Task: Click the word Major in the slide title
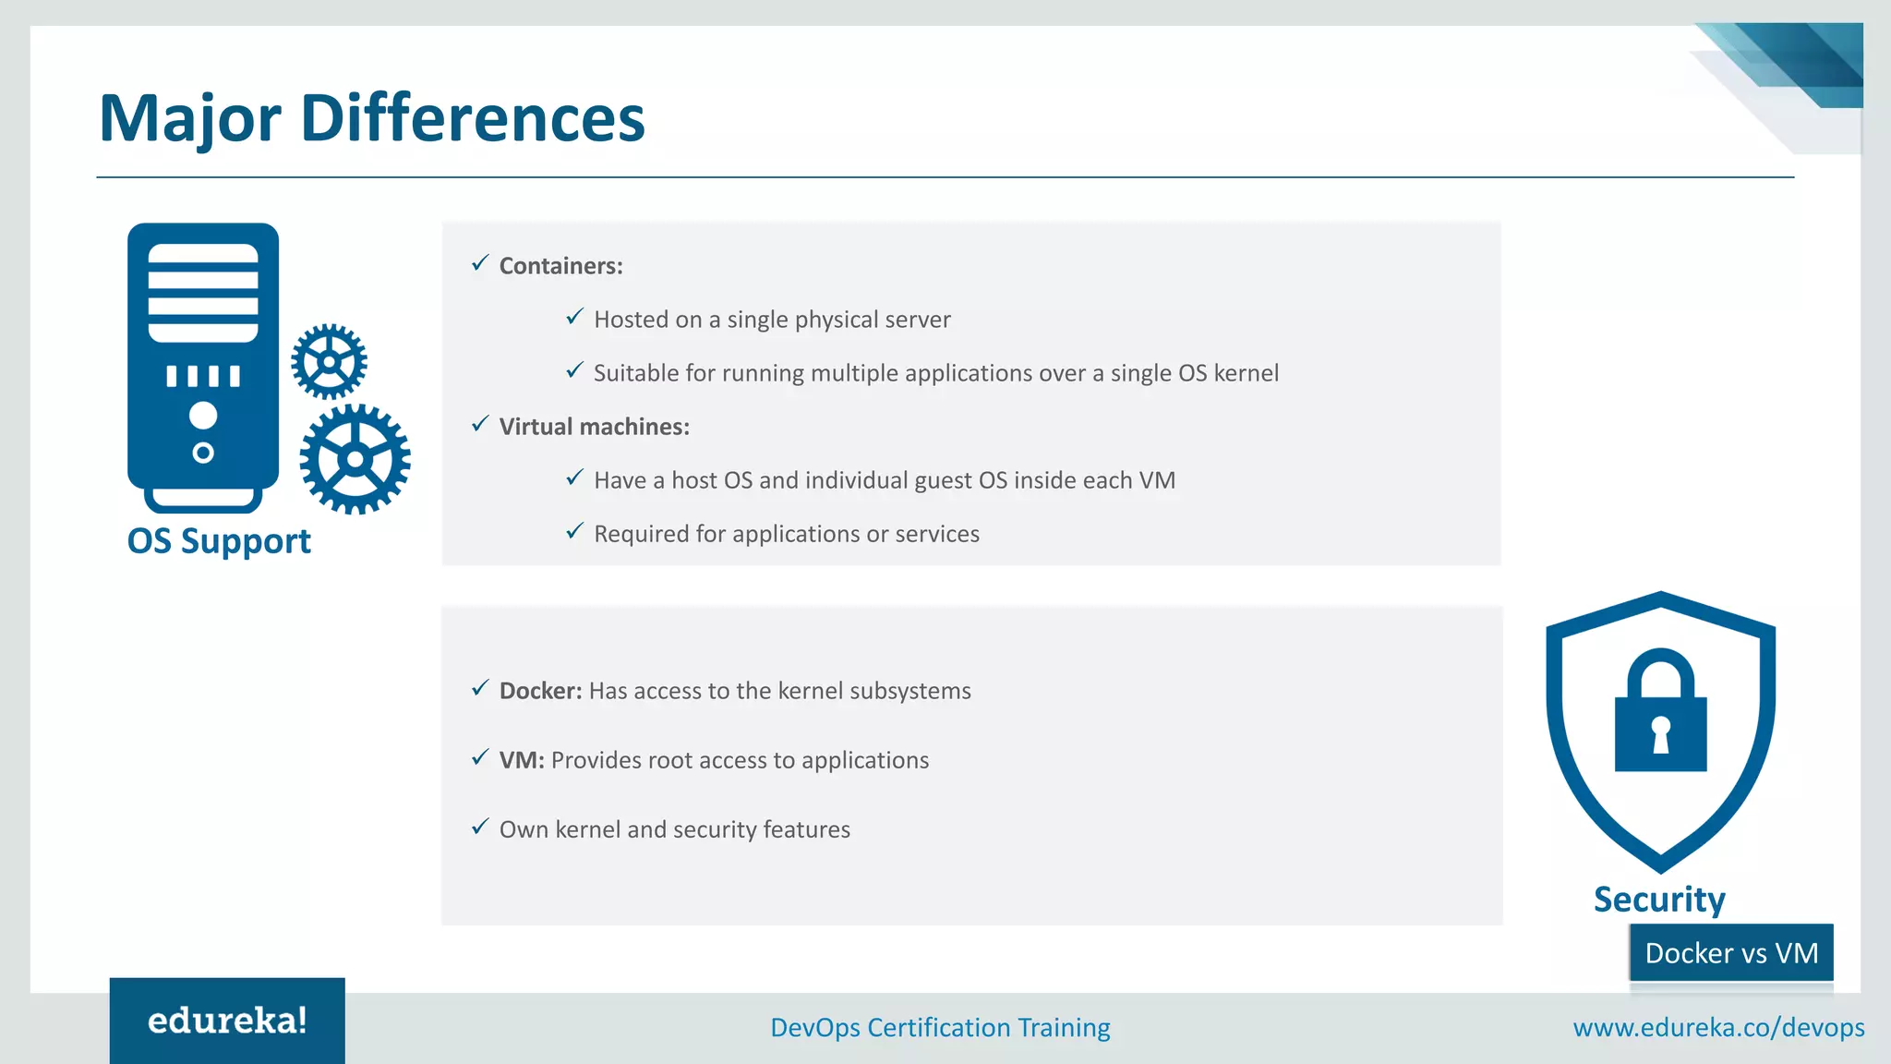point(189,120)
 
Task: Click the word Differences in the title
point(472,118)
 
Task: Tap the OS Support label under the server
point(219,541)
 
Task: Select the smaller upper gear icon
point(329,361)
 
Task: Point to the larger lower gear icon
point(355,459)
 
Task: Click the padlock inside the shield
point(1660,712)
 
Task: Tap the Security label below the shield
point(1659,900)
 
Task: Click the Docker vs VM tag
point(1731,953)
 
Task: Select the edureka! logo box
point(227,1021)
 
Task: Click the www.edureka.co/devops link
point(1718,1028)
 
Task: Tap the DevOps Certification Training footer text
point(940,1028)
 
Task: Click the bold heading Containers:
point(560,266)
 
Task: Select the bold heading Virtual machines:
point(594,427)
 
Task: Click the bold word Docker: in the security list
point(540,691)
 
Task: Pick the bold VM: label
point(522,760)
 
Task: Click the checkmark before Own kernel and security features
point(480,828)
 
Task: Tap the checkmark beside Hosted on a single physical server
point(574,318)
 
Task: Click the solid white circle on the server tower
point(203,416)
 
